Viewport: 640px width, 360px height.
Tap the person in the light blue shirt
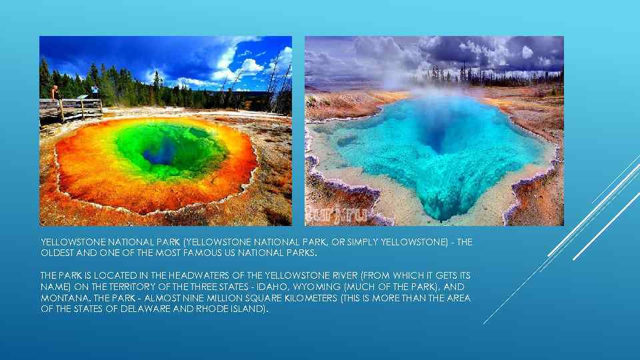pyautogui.click(x=95, y=91)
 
